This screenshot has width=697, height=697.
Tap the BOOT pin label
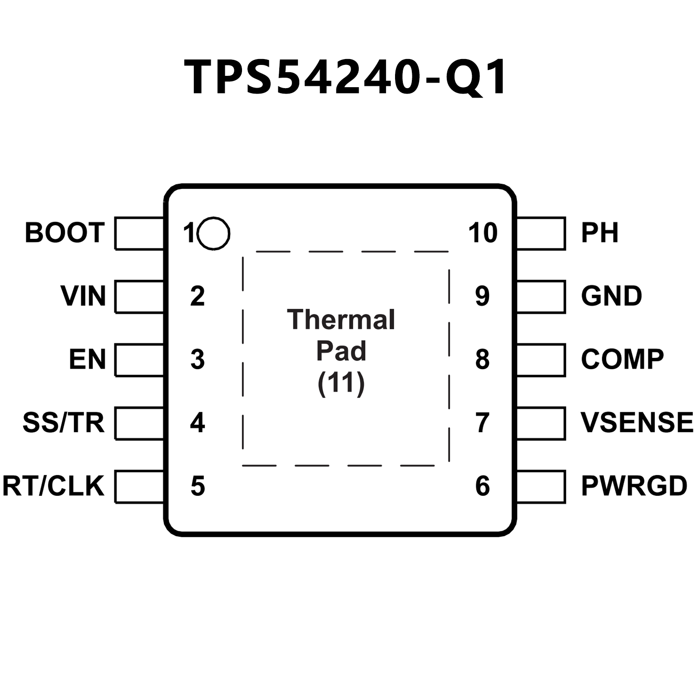tap(64, 233)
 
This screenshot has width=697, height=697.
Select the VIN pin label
tap(83, 296)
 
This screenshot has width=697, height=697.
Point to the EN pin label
tap(87, 360)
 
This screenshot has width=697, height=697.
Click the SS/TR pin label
tap(64, 423)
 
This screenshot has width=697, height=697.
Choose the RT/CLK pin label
tap(54, 486)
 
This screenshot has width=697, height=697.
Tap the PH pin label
tap(599, 233)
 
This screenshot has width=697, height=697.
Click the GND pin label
tap(611, 296)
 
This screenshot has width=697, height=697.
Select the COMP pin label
tap(622, 360)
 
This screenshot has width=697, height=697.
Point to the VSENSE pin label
tap(637, 423)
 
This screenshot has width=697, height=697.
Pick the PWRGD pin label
tap(634, 486)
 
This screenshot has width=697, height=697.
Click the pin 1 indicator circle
tap(214, 233)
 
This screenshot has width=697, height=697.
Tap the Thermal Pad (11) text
tap(341, 352)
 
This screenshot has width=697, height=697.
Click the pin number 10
tap(483, 233)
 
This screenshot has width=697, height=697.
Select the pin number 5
tap(198, 486)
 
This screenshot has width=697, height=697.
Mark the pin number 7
tap(482, 423)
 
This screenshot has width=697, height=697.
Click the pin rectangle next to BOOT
tap(139, 233)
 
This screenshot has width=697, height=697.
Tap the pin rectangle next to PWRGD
tap(541, 487)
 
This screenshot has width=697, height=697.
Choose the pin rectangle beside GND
tap(541, 297)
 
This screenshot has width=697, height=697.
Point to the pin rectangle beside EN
tap(139, 360)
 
